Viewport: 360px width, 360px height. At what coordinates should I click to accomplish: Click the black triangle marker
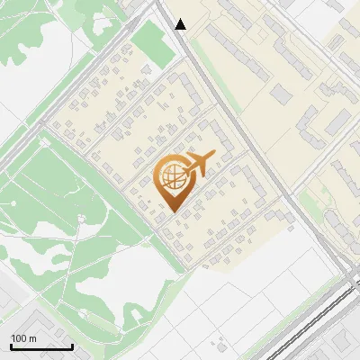(181, 24)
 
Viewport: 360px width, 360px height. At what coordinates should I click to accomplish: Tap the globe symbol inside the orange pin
(171, 177)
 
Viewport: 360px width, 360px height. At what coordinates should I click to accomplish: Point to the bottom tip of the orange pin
(171, 211)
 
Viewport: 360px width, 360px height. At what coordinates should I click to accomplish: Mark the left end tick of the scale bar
(12, 346)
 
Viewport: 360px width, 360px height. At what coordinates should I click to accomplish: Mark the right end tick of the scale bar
(72, 346)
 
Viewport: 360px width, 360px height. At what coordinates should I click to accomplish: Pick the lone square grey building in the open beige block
(282, 94)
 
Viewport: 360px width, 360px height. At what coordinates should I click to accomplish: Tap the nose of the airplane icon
(214, 157)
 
